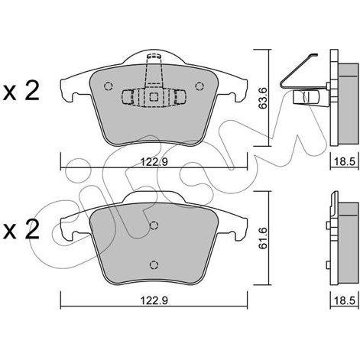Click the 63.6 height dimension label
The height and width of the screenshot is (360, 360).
click(x=263, y=98)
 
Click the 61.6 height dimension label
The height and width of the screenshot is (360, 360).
click(x=263, y=238)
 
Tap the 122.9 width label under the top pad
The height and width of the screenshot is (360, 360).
click(x=154, y=161)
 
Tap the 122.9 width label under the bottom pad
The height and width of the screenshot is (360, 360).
click(x=154, y=301)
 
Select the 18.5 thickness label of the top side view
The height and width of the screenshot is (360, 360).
click(x=345, y=161)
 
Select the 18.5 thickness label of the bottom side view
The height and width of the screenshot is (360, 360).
click(x=345, y=301)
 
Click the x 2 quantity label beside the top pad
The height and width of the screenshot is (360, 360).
click(x=21, y=91)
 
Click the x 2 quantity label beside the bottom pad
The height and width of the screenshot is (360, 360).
click(x=21, y=229)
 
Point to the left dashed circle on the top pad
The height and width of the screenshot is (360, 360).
click(x=109, y=86)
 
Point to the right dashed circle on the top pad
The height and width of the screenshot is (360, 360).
click(x=199, y=86)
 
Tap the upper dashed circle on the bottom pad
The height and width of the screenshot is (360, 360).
click(x=154, y=225)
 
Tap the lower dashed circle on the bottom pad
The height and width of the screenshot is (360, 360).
click(x=154, y=264)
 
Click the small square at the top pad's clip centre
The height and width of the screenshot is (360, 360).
click(x=154, y=97)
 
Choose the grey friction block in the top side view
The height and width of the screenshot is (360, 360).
click(x=348, y=105)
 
